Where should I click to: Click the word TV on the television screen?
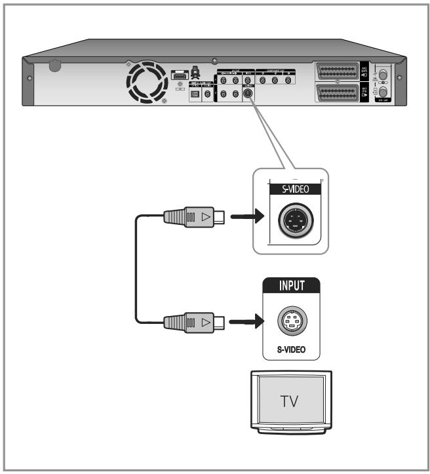(288, 401)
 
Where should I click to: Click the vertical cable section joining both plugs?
(137, 269)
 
